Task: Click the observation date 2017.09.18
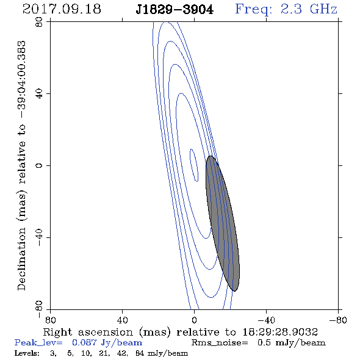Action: [x=62, y=9]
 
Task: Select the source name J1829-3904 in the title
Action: [x=175, y=10]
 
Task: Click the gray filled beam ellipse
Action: [x=223, y=223]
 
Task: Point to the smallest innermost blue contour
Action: [x=194, y=165]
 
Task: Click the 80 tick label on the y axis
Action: [x=39, y=22]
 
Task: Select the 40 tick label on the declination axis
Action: [x=39, y=94]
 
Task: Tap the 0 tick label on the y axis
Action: [x=39, y=165]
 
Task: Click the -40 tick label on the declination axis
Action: [x=39, y=237]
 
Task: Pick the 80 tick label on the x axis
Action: [x=50, y=320]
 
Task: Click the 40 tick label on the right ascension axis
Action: [x=122, y=320]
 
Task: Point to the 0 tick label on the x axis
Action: [x=194, y=320]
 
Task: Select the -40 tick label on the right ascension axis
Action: [x=266, y=320]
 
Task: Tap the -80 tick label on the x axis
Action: [x=338, y=320]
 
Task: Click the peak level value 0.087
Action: [x=84, y=342]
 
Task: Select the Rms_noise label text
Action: [x=220, y=343]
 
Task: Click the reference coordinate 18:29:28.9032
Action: [x=280, y=332]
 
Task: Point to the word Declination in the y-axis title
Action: [x=21, y=259]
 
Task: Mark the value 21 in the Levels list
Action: [x=104, y=353]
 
